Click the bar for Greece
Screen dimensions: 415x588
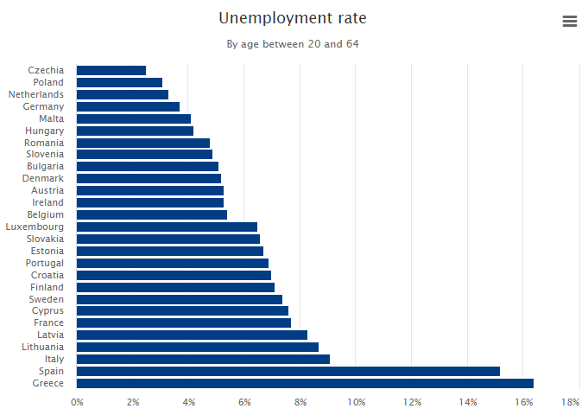305,383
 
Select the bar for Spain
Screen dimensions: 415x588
288,371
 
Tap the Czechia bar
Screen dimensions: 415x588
111,70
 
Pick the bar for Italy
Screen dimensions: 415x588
203,359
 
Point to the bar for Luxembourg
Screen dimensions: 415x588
167,227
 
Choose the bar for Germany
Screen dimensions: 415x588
128,106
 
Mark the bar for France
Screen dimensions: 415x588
184,322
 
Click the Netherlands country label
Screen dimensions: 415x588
36,94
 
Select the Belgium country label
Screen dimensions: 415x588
46,214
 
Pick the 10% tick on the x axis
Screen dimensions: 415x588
357,402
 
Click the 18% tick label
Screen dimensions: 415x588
570,402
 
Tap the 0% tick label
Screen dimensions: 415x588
77,402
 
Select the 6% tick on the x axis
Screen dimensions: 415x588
245,402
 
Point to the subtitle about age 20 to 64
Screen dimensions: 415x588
293,44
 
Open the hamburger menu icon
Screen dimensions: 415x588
569,22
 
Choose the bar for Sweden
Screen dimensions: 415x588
180,299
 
